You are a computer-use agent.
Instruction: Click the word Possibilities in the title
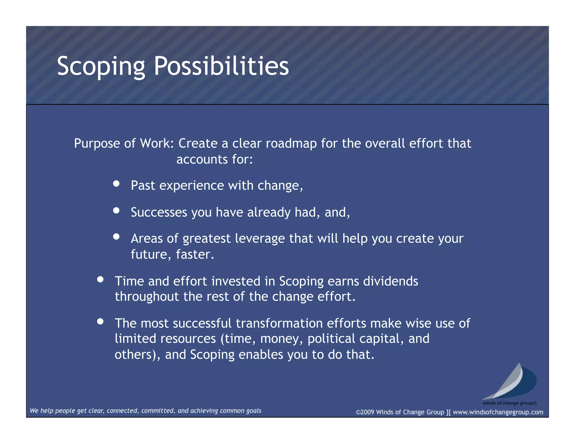[221, 66]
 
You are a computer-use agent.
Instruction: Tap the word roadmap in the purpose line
[291, 143]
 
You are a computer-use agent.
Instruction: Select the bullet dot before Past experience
[116, 184]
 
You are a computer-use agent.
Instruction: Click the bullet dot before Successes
[116, 210]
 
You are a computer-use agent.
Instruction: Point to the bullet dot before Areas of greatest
[116, 237]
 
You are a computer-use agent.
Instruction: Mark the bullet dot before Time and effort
[100, 280]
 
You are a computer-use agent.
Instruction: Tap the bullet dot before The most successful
[100, 322]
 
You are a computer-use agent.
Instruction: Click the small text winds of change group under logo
[509, 403]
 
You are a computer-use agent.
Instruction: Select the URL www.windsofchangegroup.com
[498, 412]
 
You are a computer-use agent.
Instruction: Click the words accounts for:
[215, 159]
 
